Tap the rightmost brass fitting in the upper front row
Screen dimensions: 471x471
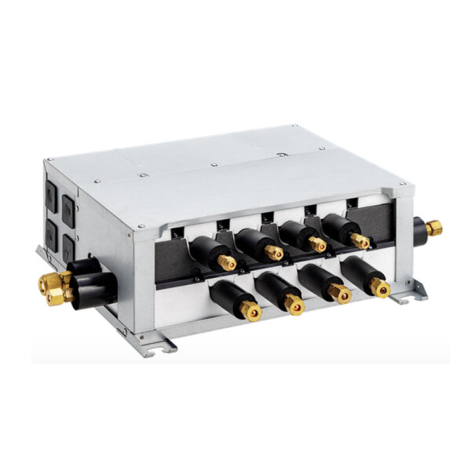pos(360,241)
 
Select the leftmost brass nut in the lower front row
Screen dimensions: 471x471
pos(251,312)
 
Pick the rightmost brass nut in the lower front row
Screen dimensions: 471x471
pos(381,288)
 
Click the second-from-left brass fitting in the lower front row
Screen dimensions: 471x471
pos(294,304)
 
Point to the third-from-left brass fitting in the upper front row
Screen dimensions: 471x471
pos(317,245)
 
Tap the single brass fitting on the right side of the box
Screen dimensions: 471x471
pos(433,228)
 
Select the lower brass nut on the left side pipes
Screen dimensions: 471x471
pos(56,295)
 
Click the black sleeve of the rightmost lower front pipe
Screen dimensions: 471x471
pos(361,275)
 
